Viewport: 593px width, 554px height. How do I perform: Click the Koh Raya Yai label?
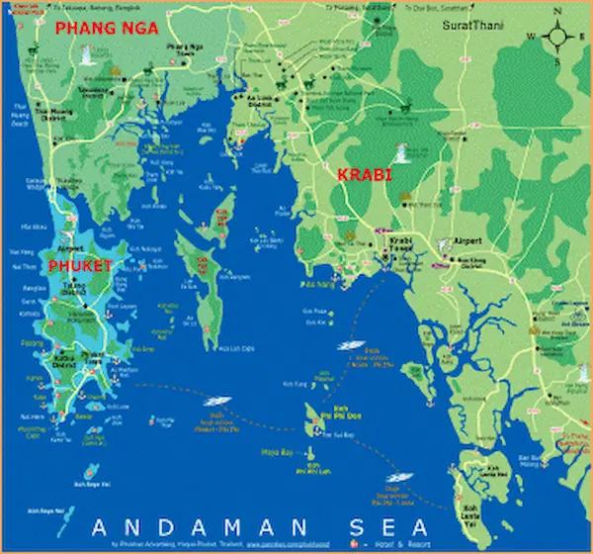[x=92, y=485]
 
